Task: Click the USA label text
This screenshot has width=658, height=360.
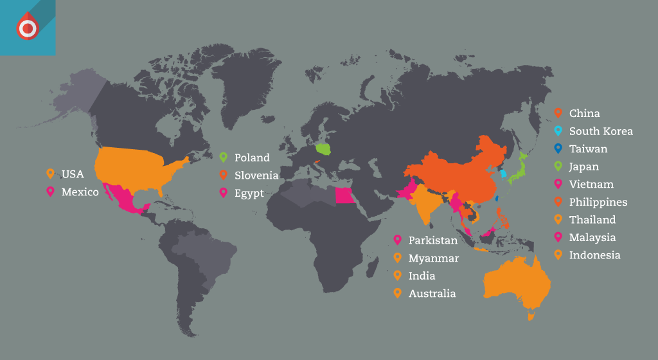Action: pos(73,174)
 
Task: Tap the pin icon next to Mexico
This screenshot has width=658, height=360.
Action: pos(50,192)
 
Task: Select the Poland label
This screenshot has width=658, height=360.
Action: pos(252,157)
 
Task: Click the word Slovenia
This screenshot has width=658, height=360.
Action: pos(256,175)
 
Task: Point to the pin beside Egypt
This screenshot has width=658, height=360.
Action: pos(224,192)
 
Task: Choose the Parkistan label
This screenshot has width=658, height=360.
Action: pos(433,240)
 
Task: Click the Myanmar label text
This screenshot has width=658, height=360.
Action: pos(434,258)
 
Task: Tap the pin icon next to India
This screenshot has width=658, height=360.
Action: pos(397,276)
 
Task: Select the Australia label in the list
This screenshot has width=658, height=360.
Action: pos(432,294)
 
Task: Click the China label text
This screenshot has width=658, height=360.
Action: pos(584,114)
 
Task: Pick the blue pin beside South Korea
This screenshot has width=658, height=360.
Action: pos(558,131)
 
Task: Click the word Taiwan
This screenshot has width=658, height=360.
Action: pos(588,149)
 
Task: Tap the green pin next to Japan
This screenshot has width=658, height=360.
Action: pos(558,166)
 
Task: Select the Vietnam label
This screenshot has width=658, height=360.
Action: pos(591,184)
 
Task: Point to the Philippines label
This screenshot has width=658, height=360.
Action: pos(598,202)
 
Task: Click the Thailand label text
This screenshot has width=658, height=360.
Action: pos(592,220)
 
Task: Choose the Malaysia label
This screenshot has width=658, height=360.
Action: pos(592,238)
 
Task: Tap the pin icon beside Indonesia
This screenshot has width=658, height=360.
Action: pos(558,255)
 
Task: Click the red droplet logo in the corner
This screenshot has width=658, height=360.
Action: pos(27,28)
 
